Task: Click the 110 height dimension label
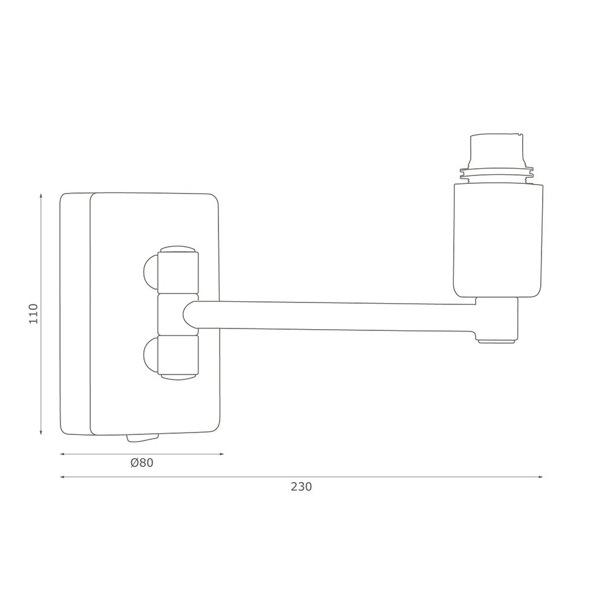(33, 314)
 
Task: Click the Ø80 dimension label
(142, 463)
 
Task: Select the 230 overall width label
(301, 486)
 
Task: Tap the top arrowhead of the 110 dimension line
(41, 196)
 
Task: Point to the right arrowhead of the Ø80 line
(221, 454)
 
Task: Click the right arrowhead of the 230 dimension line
(540, 477)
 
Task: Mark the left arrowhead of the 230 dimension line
(62, 477)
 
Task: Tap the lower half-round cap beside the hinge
(149, 356)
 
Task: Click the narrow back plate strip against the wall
(75, 314)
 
